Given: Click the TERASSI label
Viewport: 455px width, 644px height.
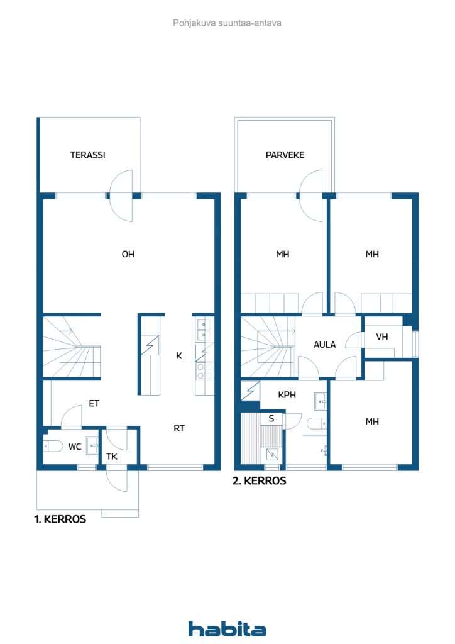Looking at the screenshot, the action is point(87,155).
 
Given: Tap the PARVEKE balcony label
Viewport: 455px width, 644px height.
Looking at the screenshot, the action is point(285,155).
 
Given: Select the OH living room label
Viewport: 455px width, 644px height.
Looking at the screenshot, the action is point(128,254).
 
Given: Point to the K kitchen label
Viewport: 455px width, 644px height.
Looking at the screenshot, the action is point(179,356).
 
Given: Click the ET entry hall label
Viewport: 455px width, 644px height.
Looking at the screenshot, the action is point(94,403).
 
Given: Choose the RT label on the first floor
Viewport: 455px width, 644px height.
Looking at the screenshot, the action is point(179,428).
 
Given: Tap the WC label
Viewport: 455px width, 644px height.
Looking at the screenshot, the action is point(75,447).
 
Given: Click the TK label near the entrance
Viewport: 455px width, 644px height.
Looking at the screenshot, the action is point(112,457).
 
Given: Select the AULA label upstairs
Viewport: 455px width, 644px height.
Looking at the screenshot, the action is point(324,345).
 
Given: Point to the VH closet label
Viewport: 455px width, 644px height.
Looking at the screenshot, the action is point(382,337).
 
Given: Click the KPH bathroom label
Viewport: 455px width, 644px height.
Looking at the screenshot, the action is point(287,395).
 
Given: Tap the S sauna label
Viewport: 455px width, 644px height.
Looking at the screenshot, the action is point(271,418).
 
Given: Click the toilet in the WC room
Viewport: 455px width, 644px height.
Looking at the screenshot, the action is point(53,446).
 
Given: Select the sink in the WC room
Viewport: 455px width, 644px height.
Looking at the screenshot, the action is point(93,445).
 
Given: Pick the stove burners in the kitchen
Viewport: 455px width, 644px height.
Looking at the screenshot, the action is point(204,371).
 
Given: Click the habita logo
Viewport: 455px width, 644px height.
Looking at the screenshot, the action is point(227,629).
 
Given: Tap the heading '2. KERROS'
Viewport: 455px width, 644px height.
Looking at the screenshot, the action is point(260,481).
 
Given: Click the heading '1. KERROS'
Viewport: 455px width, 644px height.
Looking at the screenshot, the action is point(60,519).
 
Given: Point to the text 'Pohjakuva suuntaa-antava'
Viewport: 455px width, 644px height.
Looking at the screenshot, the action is point(227,23).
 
